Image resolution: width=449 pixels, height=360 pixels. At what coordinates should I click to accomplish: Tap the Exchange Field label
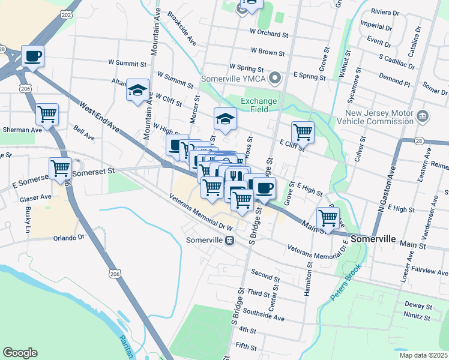click(259, 106)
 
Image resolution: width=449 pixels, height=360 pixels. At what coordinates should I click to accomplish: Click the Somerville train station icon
click(229, 241)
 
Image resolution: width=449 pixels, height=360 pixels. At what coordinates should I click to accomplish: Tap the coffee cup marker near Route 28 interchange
click(33, 57)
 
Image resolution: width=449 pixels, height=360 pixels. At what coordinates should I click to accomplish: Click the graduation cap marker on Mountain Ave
click(137, 91)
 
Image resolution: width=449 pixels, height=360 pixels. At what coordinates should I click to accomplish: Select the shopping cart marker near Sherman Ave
click(47, 113)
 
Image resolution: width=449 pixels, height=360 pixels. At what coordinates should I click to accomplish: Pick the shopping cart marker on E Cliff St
click(303, 131)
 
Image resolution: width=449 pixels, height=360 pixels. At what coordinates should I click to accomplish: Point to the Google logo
click(20, 353)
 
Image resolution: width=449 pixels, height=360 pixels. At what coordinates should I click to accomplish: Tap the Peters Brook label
click(346, 282)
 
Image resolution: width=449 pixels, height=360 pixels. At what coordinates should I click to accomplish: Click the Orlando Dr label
click(68, 237)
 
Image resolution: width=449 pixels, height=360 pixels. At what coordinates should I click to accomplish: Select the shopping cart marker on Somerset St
click(60, 169)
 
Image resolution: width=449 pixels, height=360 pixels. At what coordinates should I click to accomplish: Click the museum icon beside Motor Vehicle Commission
click(422, 115)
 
